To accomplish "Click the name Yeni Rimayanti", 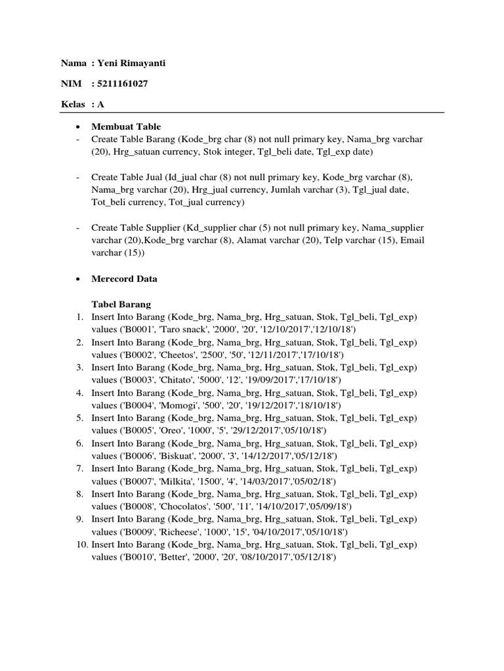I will (134, 64).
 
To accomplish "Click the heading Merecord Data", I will (124, 278).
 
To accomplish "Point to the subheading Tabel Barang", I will (121, 304).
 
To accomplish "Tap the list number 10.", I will (81, 545).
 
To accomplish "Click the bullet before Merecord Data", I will (79, 278).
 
